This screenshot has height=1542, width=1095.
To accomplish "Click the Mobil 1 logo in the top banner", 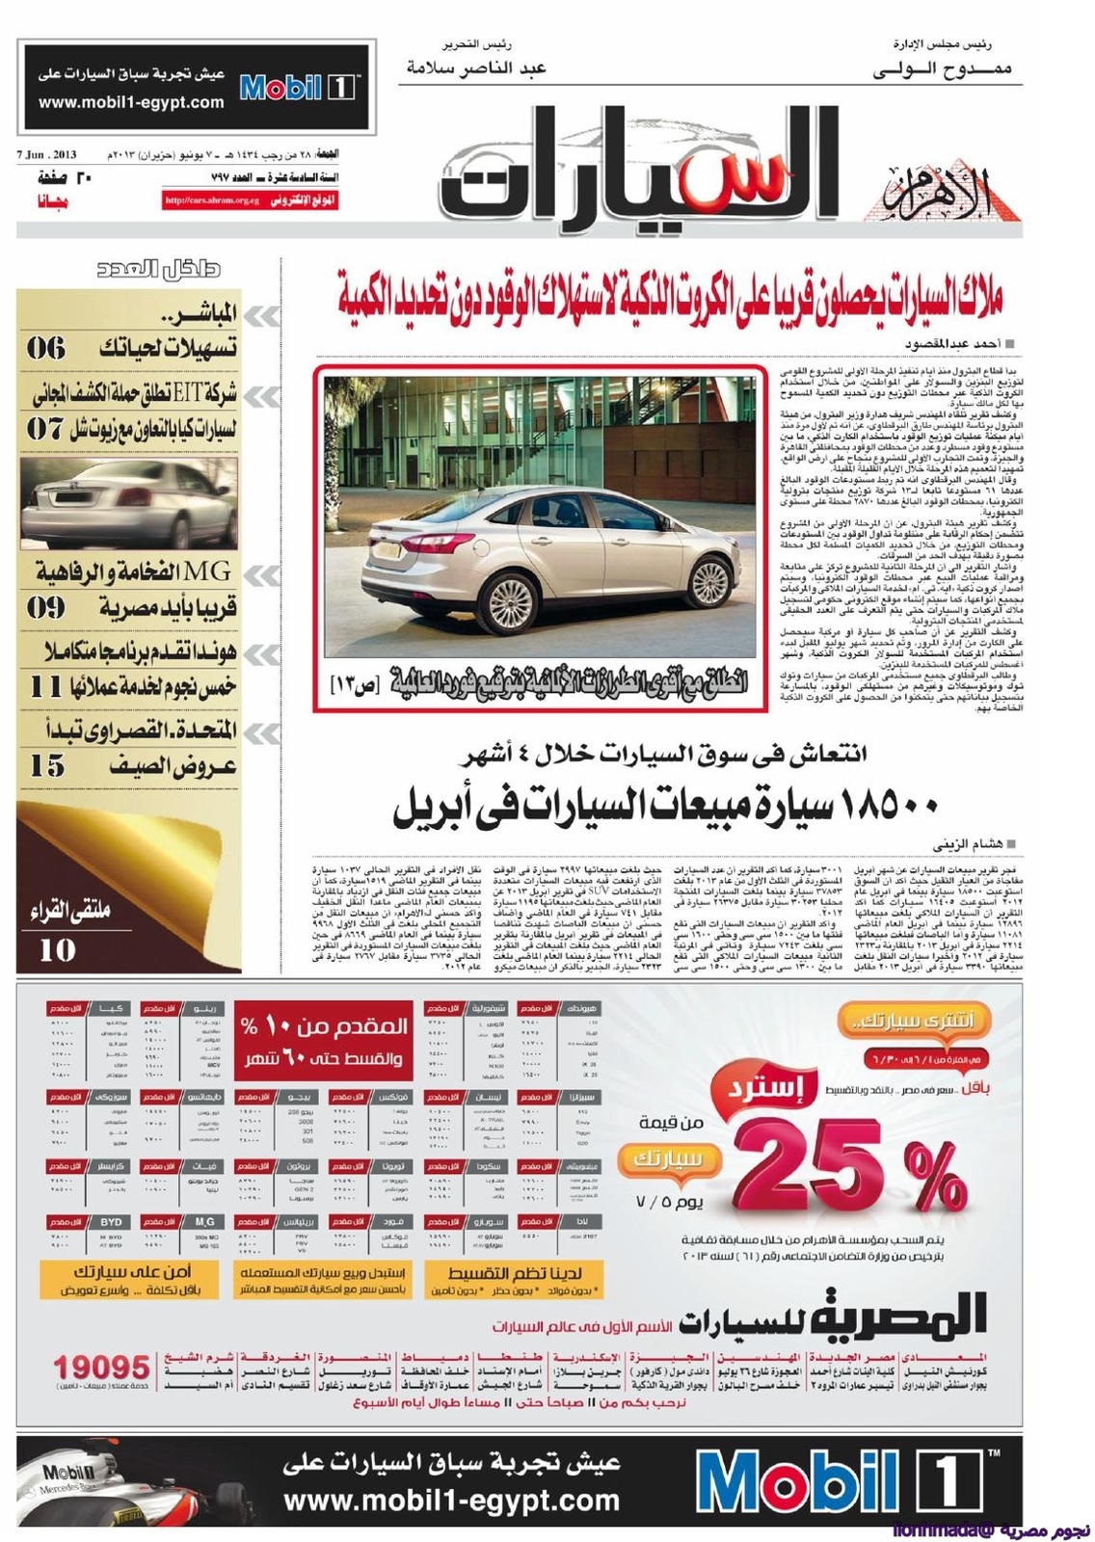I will point(298,88).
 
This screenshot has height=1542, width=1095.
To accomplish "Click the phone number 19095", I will point(102,1367).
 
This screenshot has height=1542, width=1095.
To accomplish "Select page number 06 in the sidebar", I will point(45,348).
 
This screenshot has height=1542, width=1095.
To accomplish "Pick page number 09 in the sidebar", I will point(45,607).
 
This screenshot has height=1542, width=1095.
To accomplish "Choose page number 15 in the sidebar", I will point(46,766).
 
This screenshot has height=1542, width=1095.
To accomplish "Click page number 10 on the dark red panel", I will point(57,949).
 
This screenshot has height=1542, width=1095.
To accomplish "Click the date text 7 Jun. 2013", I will point(46,155).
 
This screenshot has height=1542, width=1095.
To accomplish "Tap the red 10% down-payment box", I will point(324,1041).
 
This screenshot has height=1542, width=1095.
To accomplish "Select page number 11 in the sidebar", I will point(45,687).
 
